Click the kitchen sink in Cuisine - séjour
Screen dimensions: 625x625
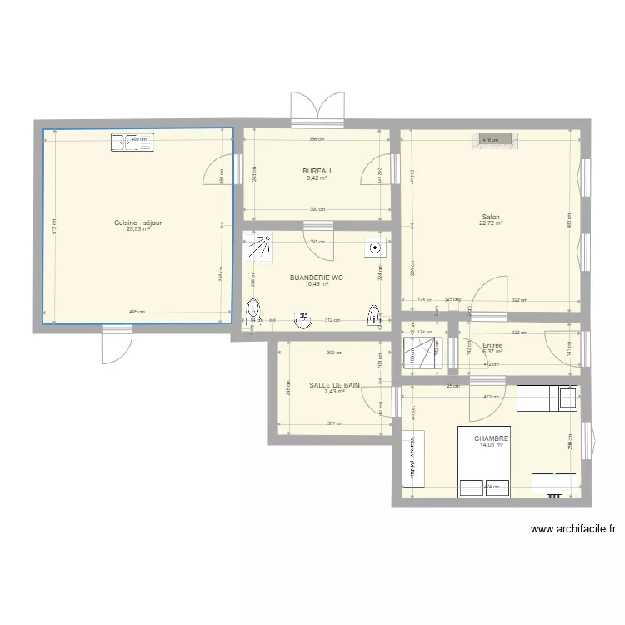132,142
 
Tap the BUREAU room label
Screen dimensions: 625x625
317,170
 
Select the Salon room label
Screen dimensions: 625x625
489,216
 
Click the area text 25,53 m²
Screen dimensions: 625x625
138,229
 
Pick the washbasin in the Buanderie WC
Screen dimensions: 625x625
304,318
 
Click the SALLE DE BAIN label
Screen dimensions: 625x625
335,385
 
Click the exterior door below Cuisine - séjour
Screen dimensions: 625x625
113,343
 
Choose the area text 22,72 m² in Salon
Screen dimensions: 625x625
489,222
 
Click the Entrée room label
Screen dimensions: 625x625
492,344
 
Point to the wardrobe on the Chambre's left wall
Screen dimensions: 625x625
413,458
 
